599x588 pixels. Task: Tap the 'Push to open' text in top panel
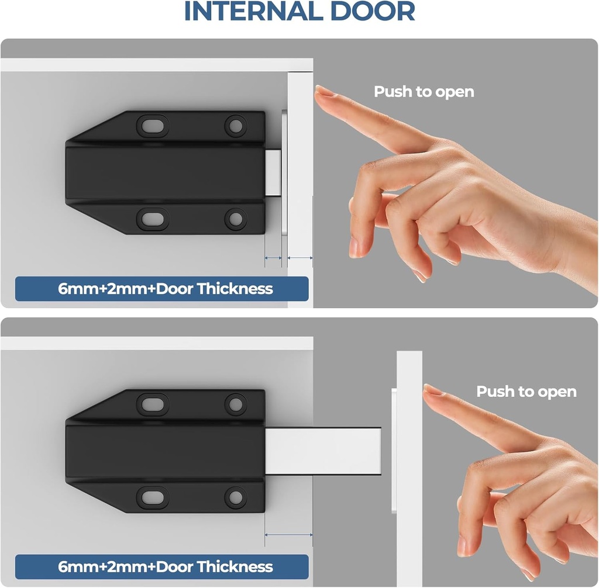424,92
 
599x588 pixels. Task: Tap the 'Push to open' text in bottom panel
526,392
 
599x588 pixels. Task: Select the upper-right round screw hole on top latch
236,124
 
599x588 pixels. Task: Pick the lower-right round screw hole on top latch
236,219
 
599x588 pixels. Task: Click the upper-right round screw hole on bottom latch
236,403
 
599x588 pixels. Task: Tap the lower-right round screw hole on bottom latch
236,497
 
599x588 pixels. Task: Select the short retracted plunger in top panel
273,172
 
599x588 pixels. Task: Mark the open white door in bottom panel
409,456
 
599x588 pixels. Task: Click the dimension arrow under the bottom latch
288,534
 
